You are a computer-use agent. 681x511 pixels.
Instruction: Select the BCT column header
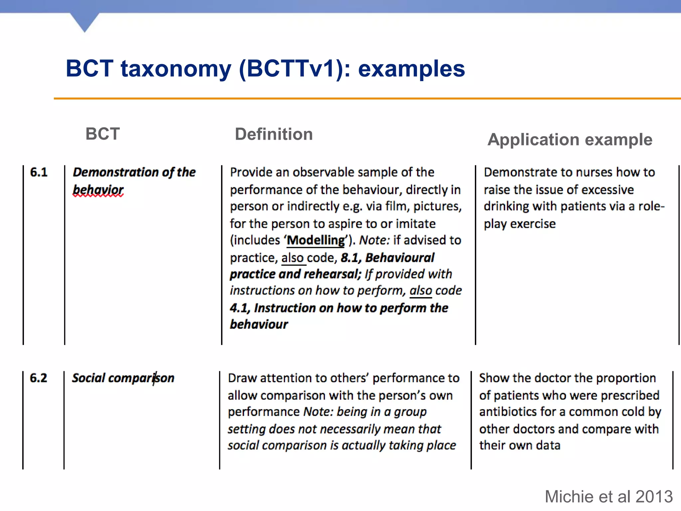coord(102,134)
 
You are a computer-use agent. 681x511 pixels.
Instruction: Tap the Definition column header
coord(274,134)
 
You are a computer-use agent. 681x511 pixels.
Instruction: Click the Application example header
coord(570,140)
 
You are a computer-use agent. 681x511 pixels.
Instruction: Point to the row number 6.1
coord(39,172)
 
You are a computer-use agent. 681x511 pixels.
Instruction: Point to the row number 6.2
coord(38,378)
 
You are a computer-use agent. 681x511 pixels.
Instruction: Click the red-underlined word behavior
coord(98,190)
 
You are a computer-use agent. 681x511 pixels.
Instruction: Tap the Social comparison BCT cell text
coord(123,378)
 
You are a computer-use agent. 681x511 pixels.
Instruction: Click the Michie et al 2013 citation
coord(609,497)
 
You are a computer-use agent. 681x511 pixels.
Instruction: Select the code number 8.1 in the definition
coord(350,258)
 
